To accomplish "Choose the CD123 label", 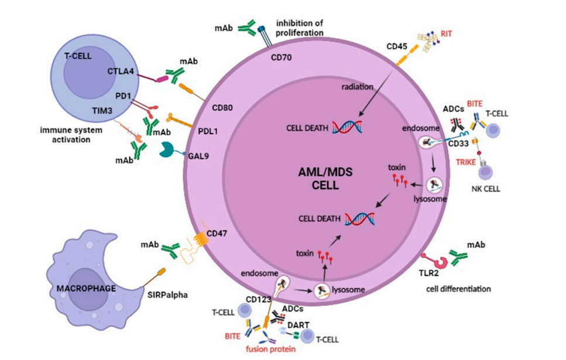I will (258, 300).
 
